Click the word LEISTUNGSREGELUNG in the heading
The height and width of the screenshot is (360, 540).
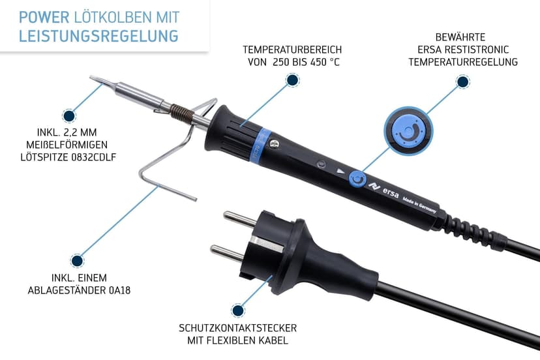pyautogui.click(x=98, y=35)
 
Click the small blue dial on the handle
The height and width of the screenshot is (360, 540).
pyautogui.click(x=357, y=179)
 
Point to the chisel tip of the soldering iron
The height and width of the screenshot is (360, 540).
pyautogui.click(x=98, y=82)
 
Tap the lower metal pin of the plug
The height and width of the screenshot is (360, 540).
pyautogui.click(x=228, y=251)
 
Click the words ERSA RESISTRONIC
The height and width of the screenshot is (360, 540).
pyautogui.click(x=462, y=50)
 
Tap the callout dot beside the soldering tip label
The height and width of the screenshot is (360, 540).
pyautogui.click(x=68, y=115)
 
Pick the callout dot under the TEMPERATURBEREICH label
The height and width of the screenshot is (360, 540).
pyautogui.click(x=293, y=80)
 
